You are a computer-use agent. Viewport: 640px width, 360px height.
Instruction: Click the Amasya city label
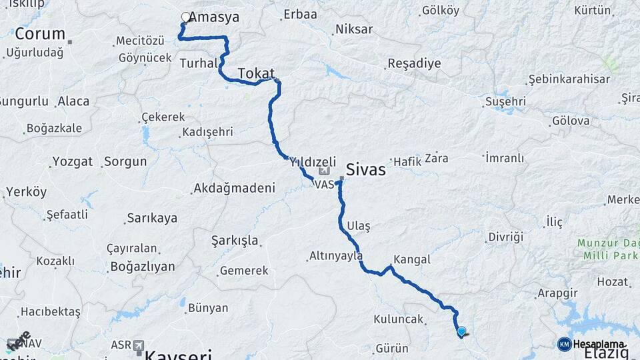pyautogui.click(x=214, y=17)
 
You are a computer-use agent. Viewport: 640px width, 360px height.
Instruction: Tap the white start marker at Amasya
pyautogui.click(x=186, y=17)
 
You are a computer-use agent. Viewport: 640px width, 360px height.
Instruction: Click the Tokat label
pyautogui.click(x=256, y=73)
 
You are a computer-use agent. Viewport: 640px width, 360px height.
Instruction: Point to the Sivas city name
pyautogui.click(x=366, y=169)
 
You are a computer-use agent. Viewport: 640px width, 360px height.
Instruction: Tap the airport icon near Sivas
pyautogui.click(x=323, y=173)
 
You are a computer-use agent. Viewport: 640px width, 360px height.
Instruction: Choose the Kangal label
pyautogui.click(x=412, y=259)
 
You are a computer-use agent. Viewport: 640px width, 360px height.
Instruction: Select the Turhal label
pyautogui.click(x=199, y=63)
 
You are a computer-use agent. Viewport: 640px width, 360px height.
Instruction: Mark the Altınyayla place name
pyautogui.click(x=336, y=255)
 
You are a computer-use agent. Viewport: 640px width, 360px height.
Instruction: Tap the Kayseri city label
pyautogui.click(x=179, y=353)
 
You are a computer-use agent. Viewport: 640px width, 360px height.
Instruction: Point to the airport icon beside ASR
pyautogui.click(x=139, y=345)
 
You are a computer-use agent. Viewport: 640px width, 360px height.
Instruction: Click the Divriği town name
pyautogui.click(x=506, y=237)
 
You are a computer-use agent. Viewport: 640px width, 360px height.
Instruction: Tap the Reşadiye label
pyautogui.click(x=413, y=64)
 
